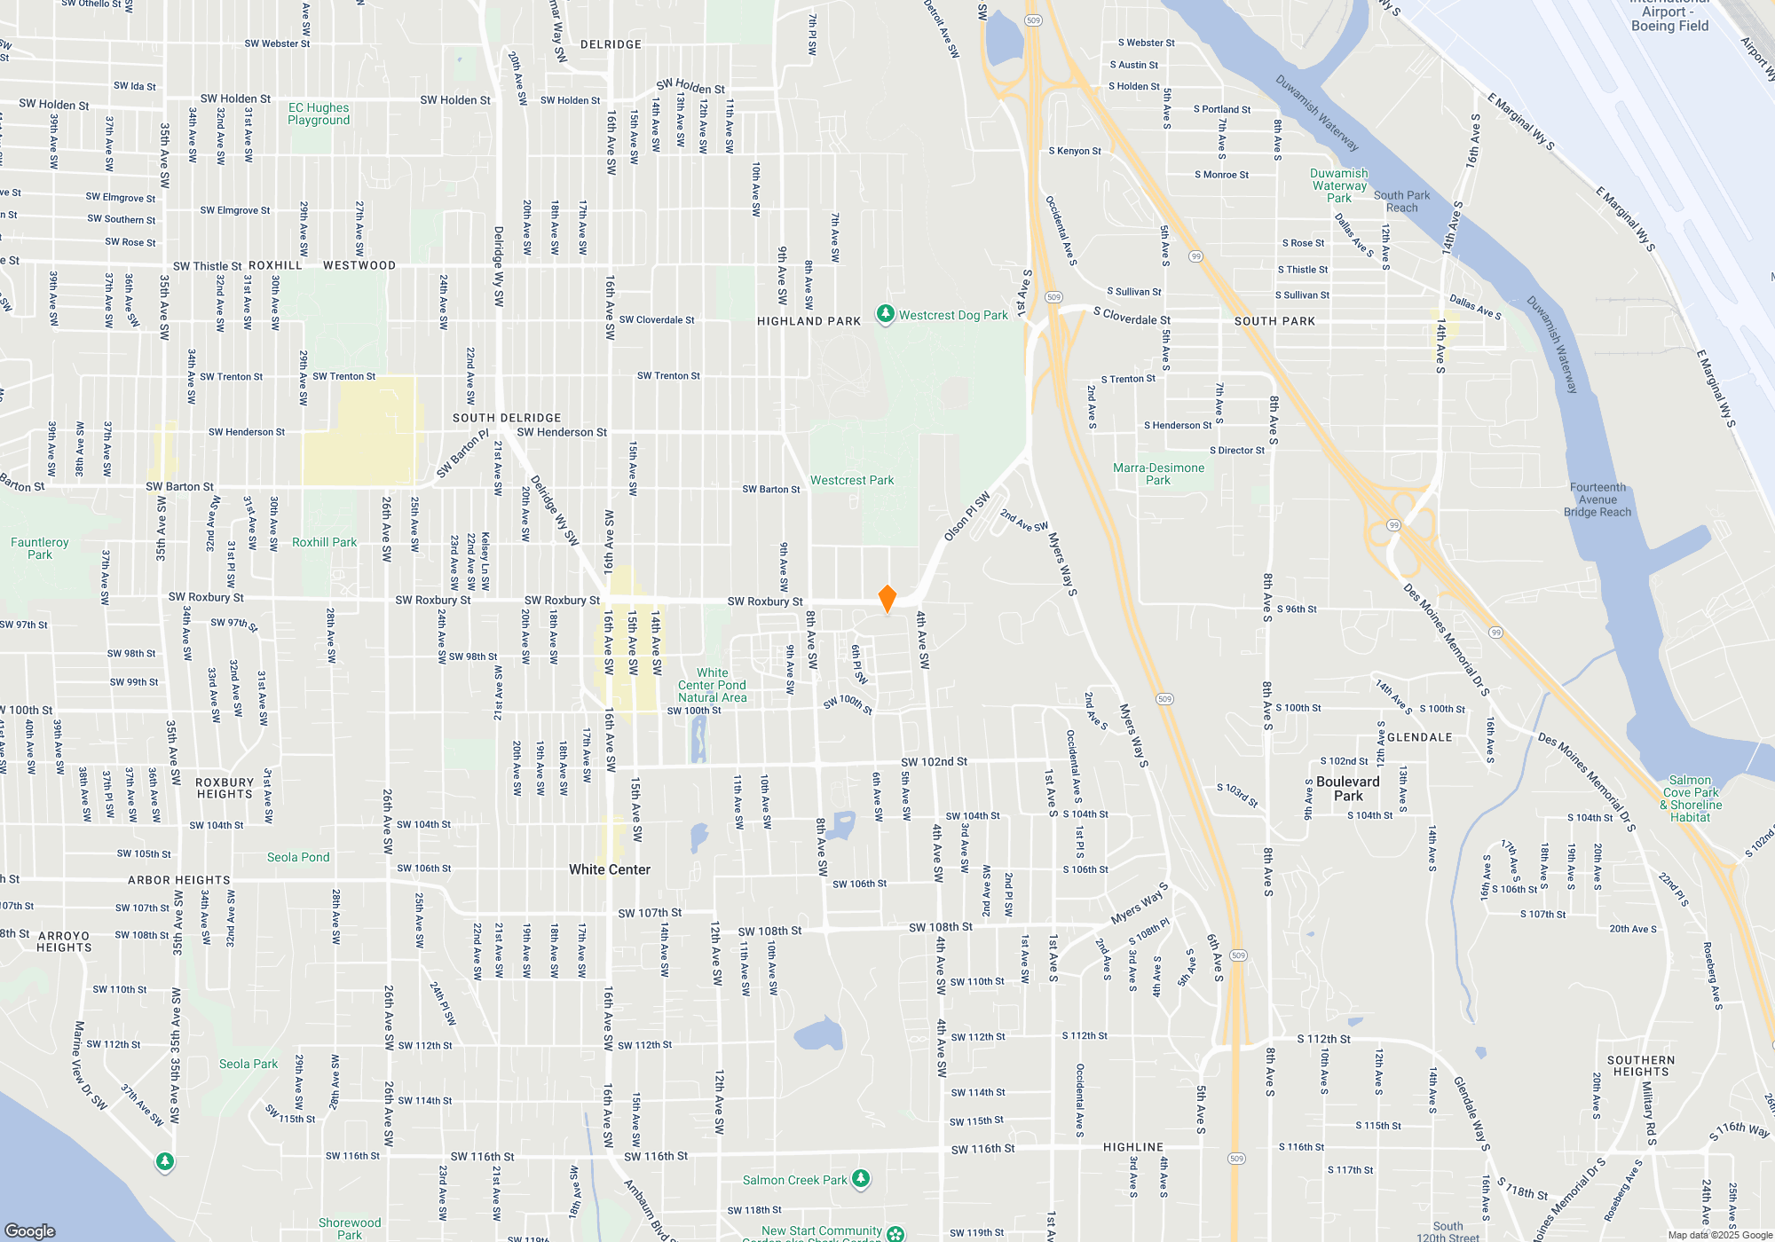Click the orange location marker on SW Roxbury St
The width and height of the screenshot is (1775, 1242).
(887, 599)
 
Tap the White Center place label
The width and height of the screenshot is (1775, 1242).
(610, 869)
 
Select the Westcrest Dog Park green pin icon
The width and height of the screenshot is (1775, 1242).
(885, 314)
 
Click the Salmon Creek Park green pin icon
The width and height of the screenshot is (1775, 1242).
(860, 1178)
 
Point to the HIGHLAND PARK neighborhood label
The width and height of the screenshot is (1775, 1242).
(809, 321)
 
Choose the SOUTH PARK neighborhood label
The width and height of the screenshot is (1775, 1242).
(1274, 321)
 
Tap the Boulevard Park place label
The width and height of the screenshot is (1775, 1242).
(1348, 789)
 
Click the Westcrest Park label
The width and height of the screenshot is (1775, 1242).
(852, 480)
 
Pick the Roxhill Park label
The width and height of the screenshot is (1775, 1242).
(324, 542)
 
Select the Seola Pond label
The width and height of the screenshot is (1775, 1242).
(298, 857)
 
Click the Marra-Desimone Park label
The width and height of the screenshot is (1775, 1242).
(1159, 474)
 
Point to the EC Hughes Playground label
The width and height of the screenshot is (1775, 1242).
(319, 114)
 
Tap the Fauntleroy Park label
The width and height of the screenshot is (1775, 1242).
(40, 548)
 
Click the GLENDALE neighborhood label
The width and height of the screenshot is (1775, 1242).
(1419, 737)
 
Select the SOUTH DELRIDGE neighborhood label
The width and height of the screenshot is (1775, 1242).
(507, 418)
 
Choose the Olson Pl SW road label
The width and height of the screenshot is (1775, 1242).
(966, 516)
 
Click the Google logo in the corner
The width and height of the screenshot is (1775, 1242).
(30, 1230)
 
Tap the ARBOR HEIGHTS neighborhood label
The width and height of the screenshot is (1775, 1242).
(179, 880)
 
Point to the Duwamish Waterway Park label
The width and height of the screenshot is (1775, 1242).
(1339, 185)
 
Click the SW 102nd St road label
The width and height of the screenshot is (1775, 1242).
(934, 761)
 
